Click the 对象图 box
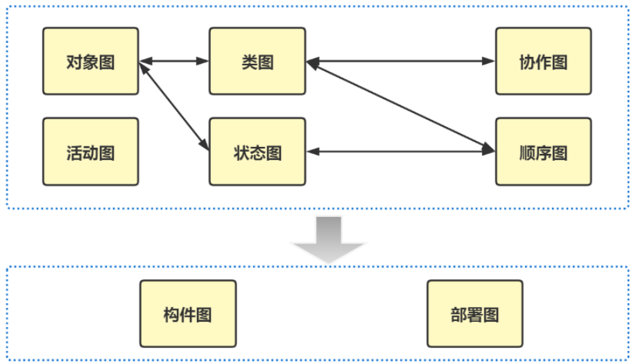90,61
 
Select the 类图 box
257,61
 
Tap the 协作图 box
543,61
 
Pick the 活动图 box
90,152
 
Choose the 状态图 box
257,152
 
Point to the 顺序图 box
543,152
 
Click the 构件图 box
187,314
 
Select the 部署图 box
474,314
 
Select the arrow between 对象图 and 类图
174,62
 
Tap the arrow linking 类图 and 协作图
400,62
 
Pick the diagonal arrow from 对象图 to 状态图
174,105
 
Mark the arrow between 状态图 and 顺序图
400,152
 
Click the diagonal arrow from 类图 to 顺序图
400,105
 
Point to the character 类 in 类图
250,62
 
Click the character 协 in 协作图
527,62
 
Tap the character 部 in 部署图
458,315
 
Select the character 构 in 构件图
171,315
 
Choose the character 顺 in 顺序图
527,153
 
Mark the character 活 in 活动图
74,153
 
